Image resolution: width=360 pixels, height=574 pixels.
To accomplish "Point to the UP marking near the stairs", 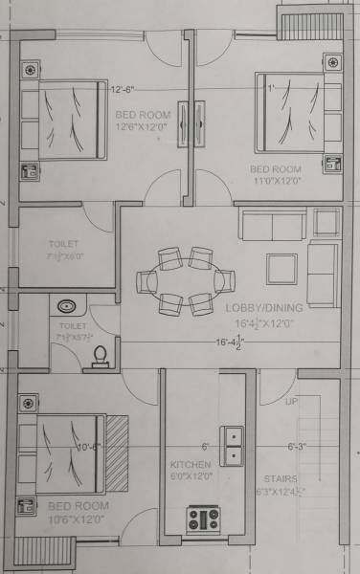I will [291, 402].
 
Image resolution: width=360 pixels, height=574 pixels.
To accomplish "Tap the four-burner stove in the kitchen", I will [204, 519].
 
